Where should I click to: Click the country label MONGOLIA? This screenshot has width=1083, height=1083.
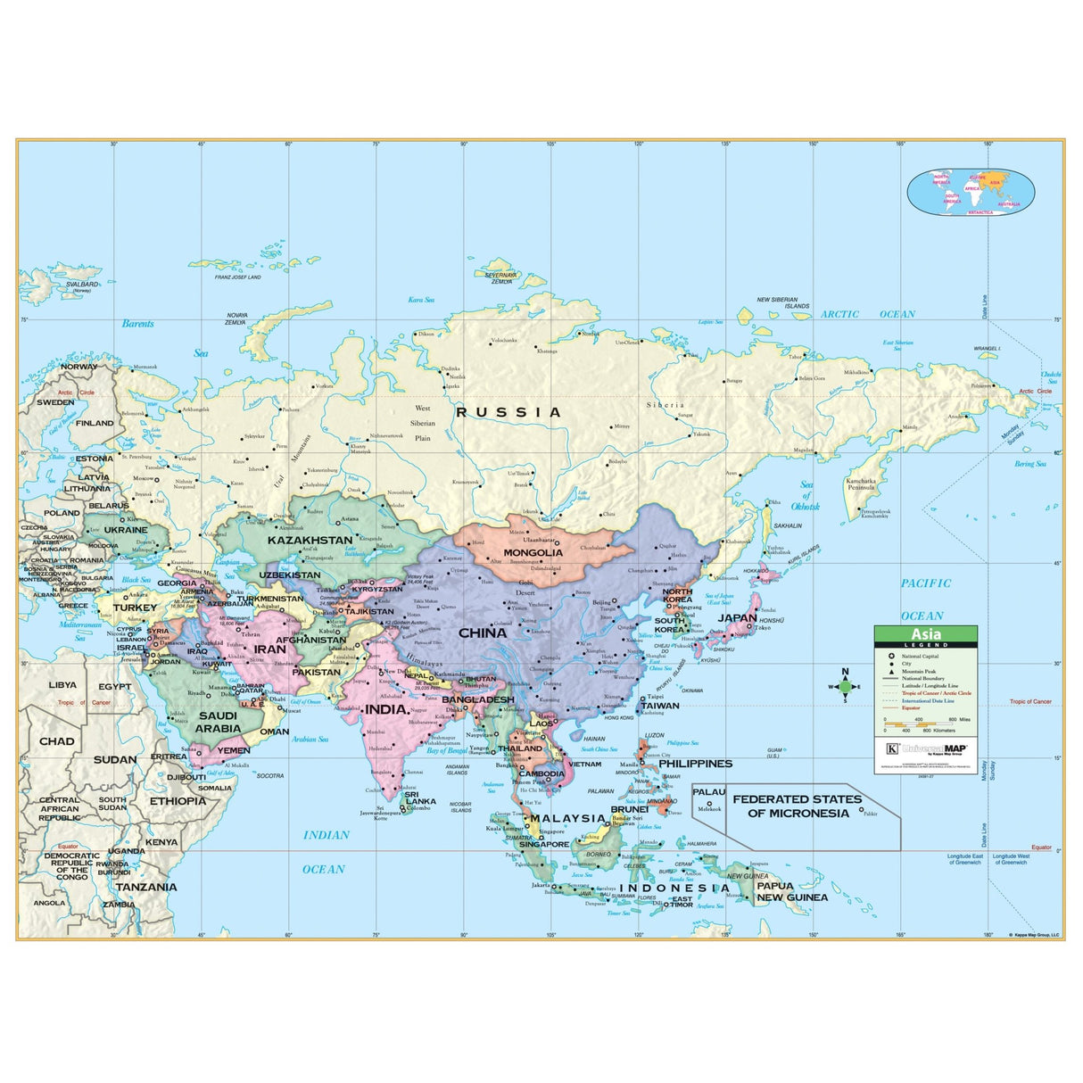pos(533,552)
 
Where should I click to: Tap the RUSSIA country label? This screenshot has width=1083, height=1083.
pos(508,412)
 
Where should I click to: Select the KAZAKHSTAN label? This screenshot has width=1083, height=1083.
pos(310,540)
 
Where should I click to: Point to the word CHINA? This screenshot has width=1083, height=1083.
pos(483,632)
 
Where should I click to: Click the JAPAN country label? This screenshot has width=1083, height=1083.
pos(737,617)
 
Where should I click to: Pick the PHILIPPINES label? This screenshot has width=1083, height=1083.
pos(695,764)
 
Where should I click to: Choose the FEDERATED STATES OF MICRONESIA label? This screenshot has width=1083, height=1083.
pos(798,806)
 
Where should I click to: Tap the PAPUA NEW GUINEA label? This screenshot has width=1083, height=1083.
pos(792,892)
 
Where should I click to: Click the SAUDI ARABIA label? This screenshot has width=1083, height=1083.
pos(218,722)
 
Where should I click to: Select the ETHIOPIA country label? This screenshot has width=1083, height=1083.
pos(178,801)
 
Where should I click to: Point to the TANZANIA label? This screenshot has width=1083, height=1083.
pos(146,888)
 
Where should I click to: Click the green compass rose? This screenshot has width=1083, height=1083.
pos(846,686)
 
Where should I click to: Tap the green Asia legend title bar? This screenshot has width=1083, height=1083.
pos(925,635)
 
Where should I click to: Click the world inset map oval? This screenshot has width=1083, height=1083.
pos(971,192)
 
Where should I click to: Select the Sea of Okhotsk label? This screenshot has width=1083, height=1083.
pos(806,495)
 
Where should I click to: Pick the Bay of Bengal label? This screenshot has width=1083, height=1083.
pos(447,751)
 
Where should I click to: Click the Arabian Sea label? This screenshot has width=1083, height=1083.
pos(310,740)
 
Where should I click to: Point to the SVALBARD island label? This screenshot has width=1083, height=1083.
pos(83,285)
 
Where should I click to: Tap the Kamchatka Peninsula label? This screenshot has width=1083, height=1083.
pos(861,484)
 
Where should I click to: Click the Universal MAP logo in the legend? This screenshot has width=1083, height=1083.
pos(929,748)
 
